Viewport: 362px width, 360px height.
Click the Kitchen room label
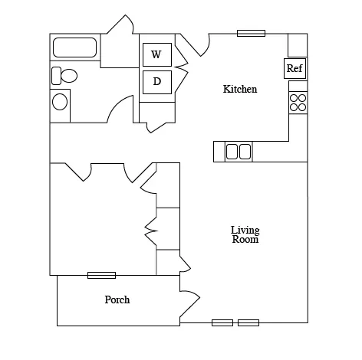tap(240, 89)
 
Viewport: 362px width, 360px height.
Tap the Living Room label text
tap(245, 234)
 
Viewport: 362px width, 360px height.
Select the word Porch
tap(117, 299)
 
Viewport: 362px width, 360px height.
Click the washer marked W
tap(157, 54)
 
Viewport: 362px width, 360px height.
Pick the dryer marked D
tap(157, 82)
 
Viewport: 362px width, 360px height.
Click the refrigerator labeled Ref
tap(295, 68)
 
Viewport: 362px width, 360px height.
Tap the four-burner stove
tap(298, 103)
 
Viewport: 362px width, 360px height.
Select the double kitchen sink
tap(239, 152)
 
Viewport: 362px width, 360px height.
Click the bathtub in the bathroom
tap(75, 47)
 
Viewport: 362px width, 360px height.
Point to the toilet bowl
tap(69, 76)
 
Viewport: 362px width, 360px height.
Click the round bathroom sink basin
tap(60, 102)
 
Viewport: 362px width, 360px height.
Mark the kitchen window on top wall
tap(251, 33)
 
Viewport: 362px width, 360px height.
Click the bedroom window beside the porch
tap(101, 275)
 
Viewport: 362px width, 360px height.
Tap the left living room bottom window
tap(222, 322)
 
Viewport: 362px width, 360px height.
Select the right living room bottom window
tap(248, 322)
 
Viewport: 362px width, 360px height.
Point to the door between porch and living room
tap(190, 303)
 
